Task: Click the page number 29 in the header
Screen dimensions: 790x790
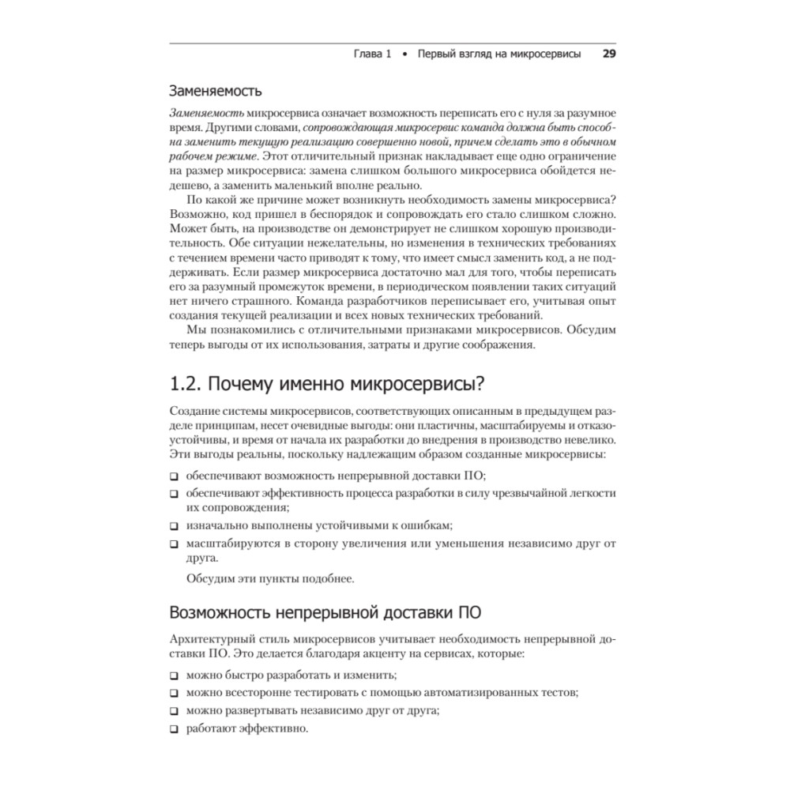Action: [608, 55]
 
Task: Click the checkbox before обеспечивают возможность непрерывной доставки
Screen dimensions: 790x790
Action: [174, 477]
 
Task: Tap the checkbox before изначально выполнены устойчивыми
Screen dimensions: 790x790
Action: [174, 525]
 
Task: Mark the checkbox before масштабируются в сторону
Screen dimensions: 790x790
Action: [174, 544]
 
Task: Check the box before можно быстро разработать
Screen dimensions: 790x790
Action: [174, 676]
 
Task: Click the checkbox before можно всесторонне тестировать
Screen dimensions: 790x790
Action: [174, 694]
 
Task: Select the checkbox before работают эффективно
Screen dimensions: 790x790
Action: [174, 729]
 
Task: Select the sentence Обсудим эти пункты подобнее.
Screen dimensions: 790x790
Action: [270, 578]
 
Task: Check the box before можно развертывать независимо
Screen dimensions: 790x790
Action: [174, 712]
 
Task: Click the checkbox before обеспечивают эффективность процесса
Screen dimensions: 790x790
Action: [174, 494]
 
